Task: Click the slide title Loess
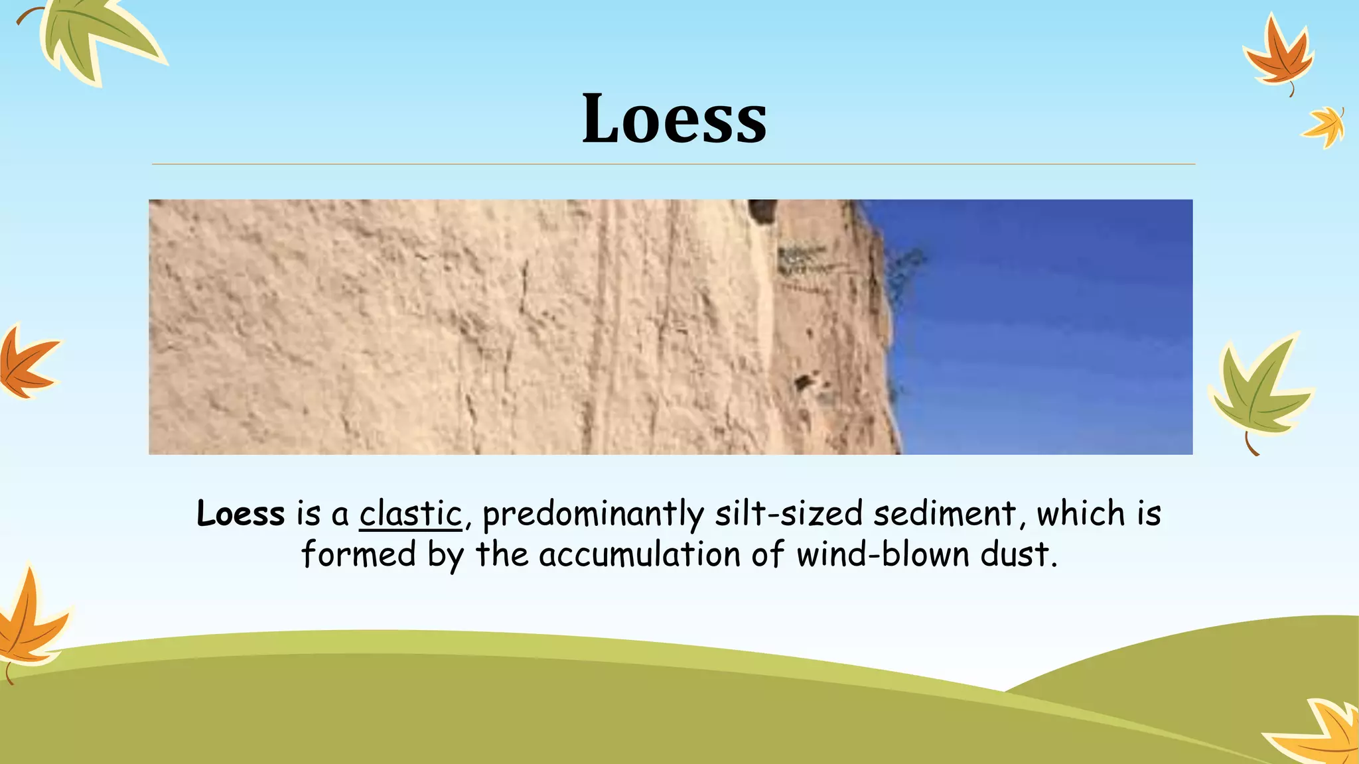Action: [x=674, y=119]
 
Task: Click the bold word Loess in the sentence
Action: [x=240, y=514]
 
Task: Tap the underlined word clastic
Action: [x=410, y=514]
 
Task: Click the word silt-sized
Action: [x=789, y=514]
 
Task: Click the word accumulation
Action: [x=639, y=554]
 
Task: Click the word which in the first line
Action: [x=1081, y=514]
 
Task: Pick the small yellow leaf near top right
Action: [x=1324, y=126]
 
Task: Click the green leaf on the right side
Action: [x=1257, y=391]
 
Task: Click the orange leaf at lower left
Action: [x=30, y=620]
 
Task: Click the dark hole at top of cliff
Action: [x=762, y=211]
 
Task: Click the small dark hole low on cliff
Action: [x=804, y=383]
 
